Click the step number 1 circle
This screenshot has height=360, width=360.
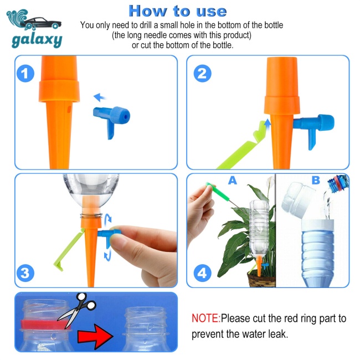click(x=25, y=74)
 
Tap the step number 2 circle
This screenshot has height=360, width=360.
click(x=202, y=74)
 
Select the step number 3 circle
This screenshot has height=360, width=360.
click(x=25, y=273)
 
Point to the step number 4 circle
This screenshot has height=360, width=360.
click(x=202, y=273)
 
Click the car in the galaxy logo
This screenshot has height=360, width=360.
click(x=42, y=23)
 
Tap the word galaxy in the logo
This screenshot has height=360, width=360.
click(x=37, y=40)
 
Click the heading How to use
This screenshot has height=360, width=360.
click(x=178, y=11)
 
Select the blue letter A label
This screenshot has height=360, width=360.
click(x=233, y=181)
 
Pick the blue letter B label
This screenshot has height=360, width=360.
click(x=316, y=181)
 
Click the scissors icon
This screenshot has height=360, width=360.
click(x=77, y=309)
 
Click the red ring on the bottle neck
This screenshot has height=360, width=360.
click(x=44, y=324)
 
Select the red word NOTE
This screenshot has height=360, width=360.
click(x=205, y=318)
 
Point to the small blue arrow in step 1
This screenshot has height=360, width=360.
click(x=99, y=97)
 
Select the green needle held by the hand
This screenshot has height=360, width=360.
click(x=218, y=191)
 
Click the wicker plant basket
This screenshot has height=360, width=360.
click(x=262, y=279)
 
